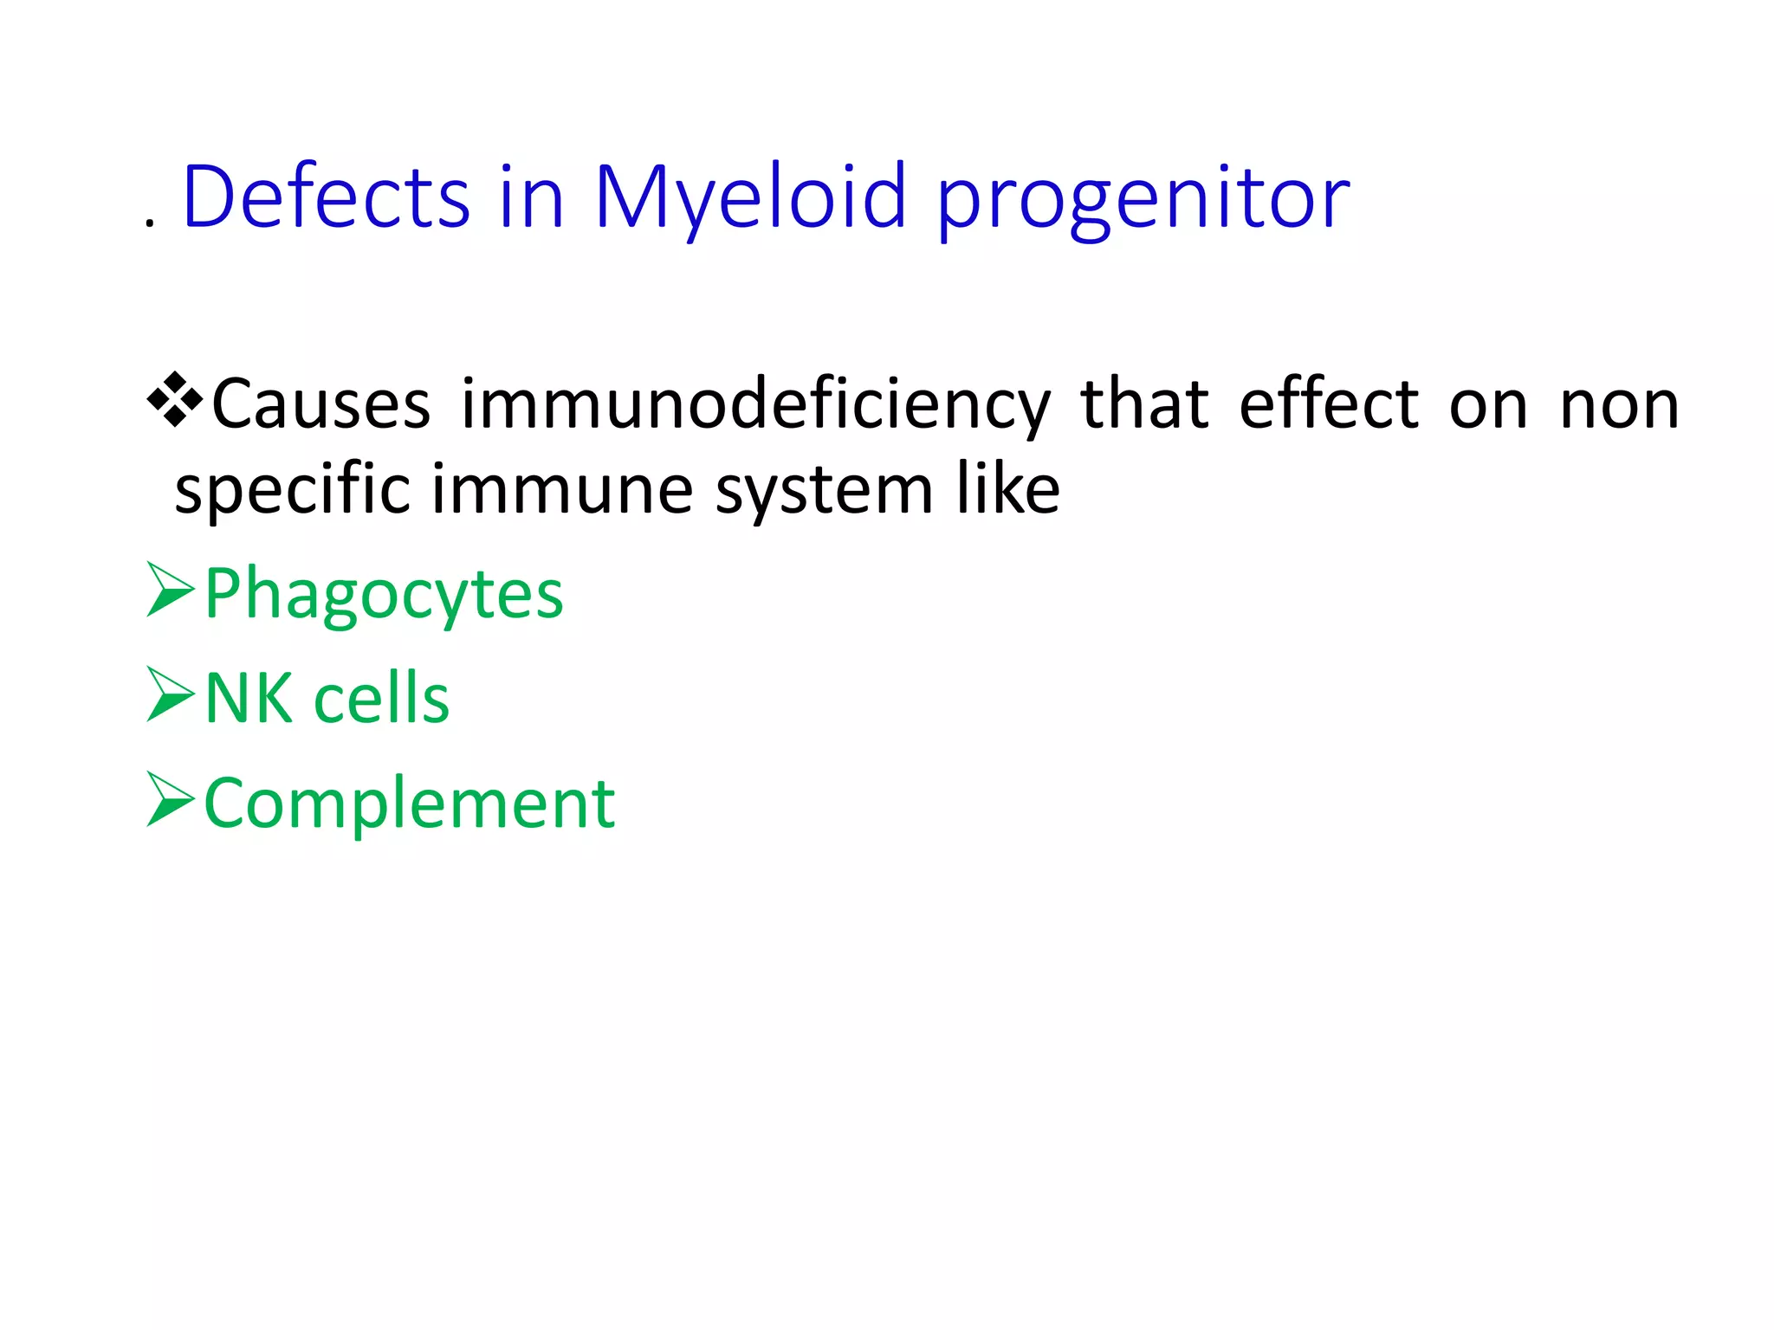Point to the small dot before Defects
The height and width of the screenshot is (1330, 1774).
[151, 224]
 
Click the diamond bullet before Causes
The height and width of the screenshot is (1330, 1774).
[175, 399]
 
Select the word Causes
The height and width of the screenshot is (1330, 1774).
[320, 404]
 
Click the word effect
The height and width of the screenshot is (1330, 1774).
[1328, 404]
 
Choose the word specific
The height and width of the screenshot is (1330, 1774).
[292, 491]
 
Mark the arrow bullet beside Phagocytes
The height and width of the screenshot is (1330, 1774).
[171, 590]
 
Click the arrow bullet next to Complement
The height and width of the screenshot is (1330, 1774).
[171, 799]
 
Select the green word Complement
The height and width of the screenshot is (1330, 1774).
[409, 804]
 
